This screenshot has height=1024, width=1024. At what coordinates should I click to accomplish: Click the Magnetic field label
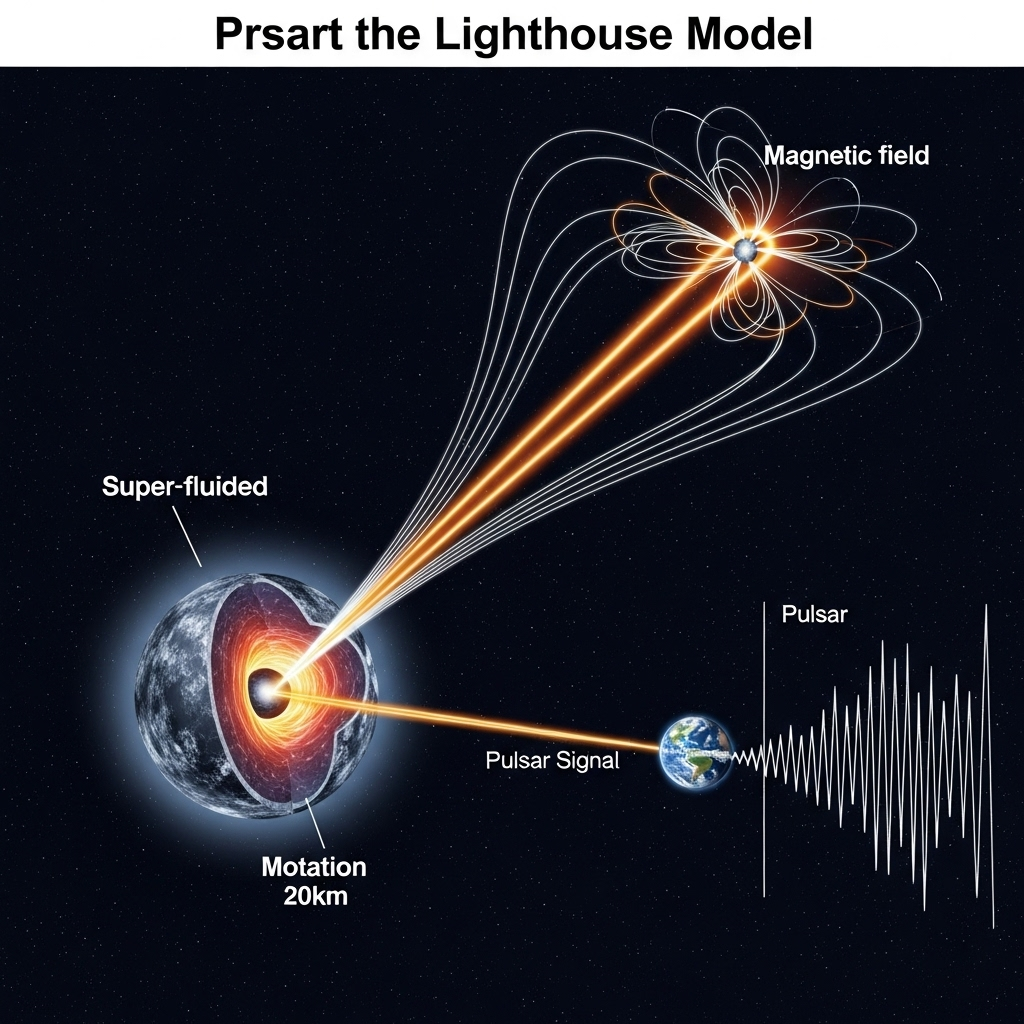[x=846, y=156]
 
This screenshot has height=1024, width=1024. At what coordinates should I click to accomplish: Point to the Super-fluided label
[x=185, y=487]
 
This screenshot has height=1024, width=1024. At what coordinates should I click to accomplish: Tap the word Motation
[x=314, y=866]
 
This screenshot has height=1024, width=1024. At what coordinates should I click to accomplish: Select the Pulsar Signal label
[x=552, y=760]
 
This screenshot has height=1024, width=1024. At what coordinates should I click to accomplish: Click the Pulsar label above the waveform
[x=814, y=614]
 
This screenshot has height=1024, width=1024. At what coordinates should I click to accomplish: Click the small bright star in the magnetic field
[x=743, y=250]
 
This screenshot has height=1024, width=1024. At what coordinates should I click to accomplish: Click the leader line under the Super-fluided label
[x=187, y=534]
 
